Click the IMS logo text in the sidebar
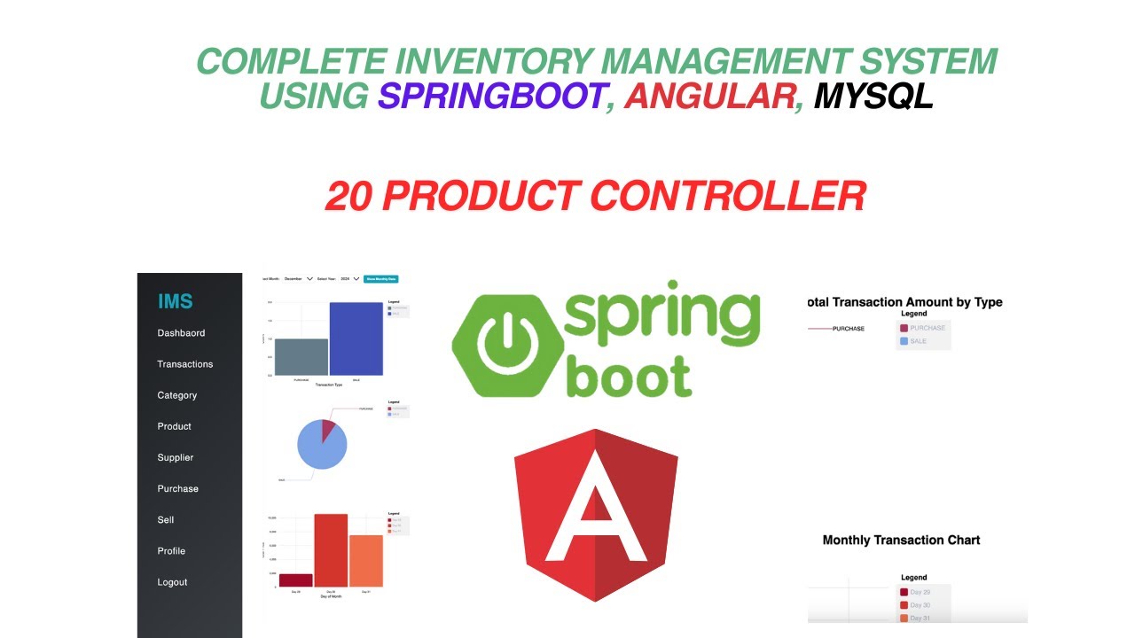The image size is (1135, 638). point(175,302)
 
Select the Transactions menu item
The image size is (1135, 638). point(185,364)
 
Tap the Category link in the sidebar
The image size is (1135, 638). point(177,395)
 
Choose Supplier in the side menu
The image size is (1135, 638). point(176,457)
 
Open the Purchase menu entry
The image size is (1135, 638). point(178,488)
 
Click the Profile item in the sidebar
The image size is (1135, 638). point(171,551)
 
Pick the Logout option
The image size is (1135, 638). point(172,582)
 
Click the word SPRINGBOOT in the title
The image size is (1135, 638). point(492,95)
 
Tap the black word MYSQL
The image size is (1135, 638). point(873,95)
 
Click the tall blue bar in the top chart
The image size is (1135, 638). point(356,338)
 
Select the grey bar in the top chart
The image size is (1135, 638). point(301,356)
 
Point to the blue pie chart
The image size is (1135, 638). point(320,445)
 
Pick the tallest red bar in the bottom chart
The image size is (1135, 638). point(331,549)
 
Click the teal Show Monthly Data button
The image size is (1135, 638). point(381,278)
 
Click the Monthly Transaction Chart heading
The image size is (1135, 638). point(901,540)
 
